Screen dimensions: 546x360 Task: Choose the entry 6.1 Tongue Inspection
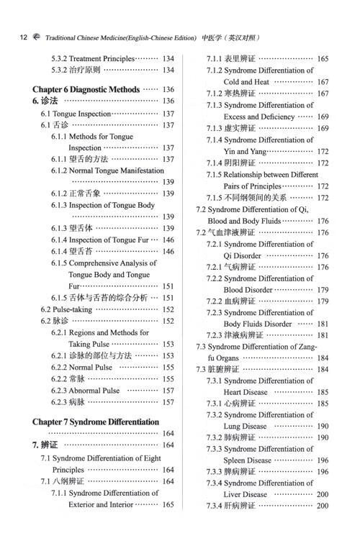pos(75,114)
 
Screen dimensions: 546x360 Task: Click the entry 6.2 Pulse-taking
pos(68,309)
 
